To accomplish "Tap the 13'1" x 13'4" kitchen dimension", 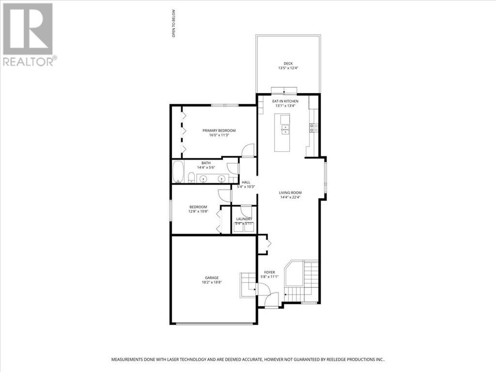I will point(285,106).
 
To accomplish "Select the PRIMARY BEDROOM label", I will point(219,131).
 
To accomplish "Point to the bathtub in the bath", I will point(179,172).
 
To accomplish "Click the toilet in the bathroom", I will point(191,177).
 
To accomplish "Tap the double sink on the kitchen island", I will point(285,129).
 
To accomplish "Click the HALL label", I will point(246,182).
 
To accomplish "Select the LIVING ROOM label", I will point(290,192).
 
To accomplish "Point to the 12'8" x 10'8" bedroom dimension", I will point(198,212).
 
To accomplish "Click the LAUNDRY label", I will point(244,219).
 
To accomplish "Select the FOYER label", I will point(269,272).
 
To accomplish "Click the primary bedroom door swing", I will point(248,150).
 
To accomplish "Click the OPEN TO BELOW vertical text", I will point(173,24).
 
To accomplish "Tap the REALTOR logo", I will point(29,34).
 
